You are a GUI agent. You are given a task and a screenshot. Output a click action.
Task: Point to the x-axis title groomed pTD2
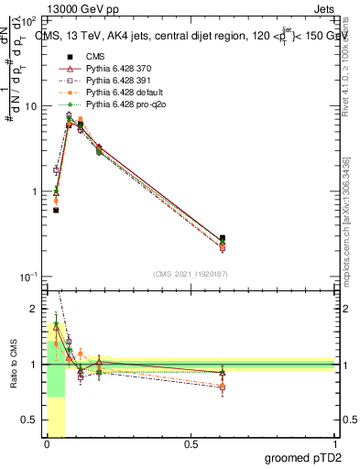click(x=305, y=457)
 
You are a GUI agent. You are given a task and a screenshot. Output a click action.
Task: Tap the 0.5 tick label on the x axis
click(x=191, y=444)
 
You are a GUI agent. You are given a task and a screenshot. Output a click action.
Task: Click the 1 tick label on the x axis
click(x=334, y=444)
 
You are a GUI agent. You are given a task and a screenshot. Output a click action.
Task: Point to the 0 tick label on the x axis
click(x=47, y=444)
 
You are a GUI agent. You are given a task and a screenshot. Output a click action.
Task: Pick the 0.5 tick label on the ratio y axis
click(x=31, y=420)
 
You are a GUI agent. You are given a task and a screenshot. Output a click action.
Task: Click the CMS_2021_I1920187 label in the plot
click(x=190, y=272)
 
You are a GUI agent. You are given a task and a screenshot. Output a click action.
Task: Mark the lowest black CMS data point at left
click(x=56, y=211)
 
